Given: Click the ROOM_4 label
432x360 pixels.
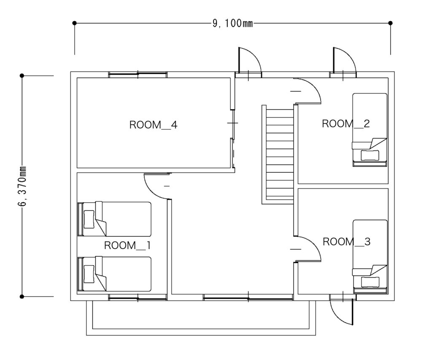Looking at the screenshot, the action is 153,125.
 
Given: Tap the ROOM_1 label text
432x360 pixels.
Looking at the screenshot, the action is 127,245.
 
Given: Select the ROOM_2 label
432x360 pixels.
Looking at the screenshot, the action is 346,124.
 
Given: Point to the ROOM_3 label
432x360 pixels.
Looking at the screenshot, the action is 346,242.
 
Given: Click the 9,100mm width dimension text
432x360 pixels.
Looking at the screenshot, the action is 232,23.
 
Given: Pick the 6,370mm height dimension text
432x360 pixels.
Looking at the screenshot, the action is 22,186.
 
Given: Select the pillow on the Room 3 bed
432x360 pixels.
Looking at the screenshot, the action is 370,282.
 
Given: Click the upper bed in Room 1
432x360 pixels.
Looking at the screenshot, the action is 115,219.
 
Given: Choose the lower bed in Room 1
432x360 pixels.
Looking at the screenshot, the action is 115,274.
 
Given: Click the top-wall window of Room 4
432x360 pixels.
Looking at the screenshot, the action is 138,74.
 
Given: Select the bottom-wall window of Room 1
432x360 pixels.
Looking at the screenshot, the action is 138,297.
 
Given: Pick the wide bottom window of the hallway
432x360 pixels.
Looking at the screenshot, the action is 248,297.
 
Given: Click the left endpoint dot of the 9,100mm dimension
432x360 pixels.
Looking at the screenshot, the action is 74,23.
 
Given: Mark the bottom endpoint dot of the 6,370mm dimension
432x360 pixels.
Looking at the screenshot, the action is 22,297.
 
